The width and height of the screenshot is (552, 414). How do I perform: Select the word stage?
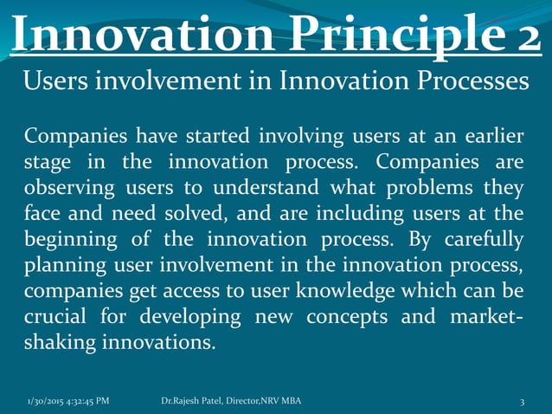48,163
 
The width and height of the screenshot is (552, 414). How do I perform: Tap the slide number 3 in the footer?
523,400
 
